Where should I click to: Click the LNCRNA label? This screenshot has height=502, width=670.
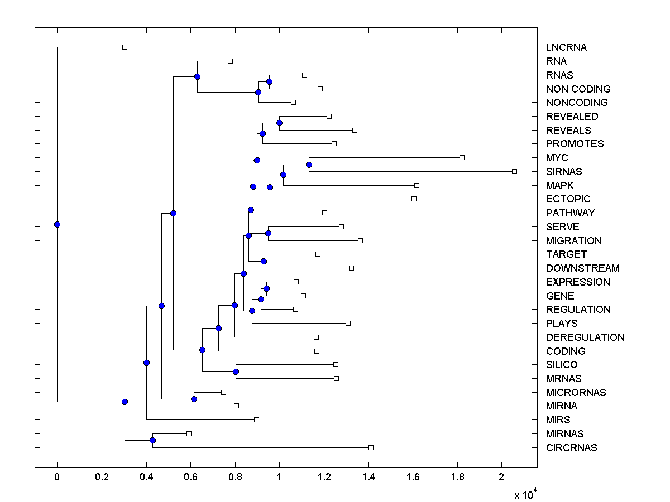[566, 47]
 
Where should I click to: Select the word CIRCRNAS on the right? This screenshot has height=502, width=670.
[571, 448]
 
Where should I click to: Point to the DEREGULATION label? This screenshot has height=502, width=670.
[585, 337]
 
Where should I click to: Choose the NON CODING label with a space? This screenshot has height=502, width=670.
[578, 89]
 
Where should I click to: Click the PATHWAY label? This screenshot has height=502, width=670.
[570, 213]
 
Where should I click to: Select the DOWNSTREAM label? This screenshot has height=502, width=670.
[582, 268]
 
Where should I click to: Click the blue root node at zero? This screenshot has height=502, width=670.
[57, 224]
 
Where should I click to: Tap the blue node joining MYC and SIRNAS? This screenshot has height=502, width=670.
[309, 165]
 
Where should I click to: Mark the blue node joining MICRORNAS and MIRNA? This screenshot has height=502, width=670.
[194, 399]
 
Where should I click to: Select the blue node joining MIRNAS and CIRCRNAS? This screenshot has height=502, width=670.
[152, 441]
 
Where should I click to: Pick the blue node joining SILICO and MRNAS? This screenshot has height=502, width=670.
[236, 371]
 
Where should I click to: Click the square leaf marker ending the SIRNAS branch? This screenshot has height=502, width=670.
[514, 171]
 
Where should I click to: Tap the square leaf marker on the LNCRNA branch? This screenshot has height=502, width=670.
[125, 47]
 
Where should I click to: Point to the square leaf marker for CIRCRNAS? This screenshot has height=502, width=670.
[371, 447]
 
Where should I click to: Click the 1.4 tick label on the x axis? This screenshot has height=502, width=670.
[368, 477]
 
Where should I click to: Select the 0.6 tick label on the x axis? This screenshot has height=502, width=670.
[190, 477]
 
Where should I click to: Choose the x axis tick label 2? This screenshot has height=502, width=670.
[501, 477]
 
